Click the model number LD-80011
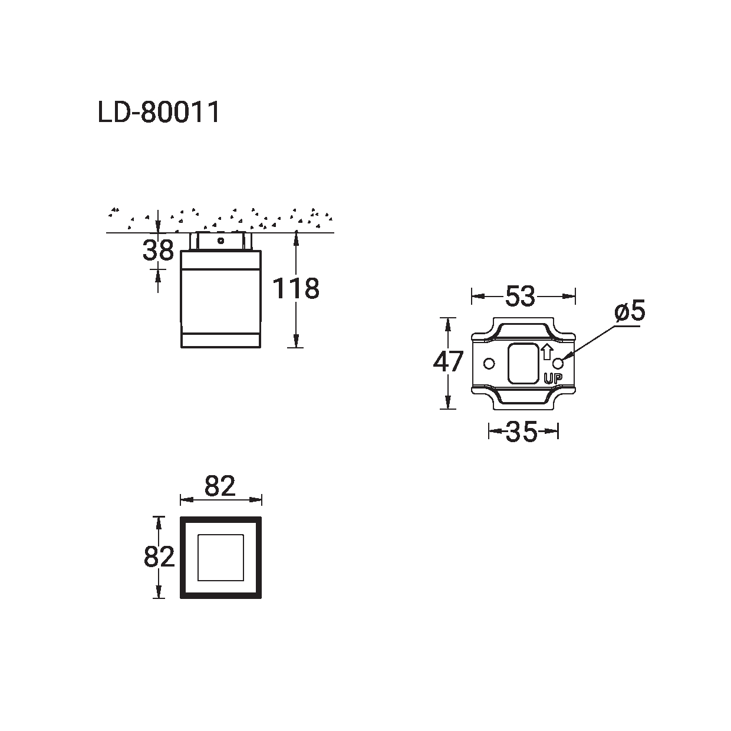click(x=159, y=112)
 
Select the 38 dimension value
click(x=158, y=251)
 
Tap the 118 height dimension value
click(x=296, y=289)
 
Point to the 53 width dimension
click(x=520, y=296)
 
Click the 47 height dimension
click(x=448, y=361)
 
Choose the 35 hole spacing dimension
click(x=522, y=432)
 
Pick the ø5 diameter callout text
click(x=630, y=311)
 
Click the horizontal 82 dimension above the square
click(x=220, y=486)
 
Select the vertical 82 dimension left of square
click(x=159, y=557)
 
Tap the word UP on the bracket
click(x=553, y=378)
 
